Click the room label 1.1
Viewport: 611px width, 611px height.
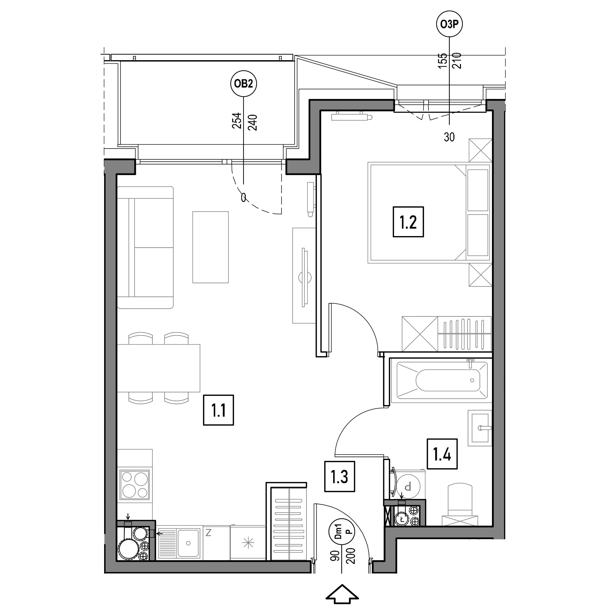click(218, 410)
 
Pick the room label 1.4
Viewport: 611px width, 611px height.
click(442, 454)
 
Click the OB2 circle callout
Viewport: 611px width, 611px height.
click(243, 84)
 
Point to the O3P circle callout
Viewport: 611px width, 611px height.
click(449, 24)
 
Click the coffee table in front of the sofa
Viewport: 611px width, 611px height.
click(211, 247)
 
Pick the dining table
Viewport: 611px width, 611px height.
click(158, 368)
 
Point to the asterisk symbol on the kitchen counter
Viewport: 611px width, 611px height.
click(248, 543)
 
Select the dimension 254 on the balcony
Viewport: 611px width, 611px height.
click(237, 121)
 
